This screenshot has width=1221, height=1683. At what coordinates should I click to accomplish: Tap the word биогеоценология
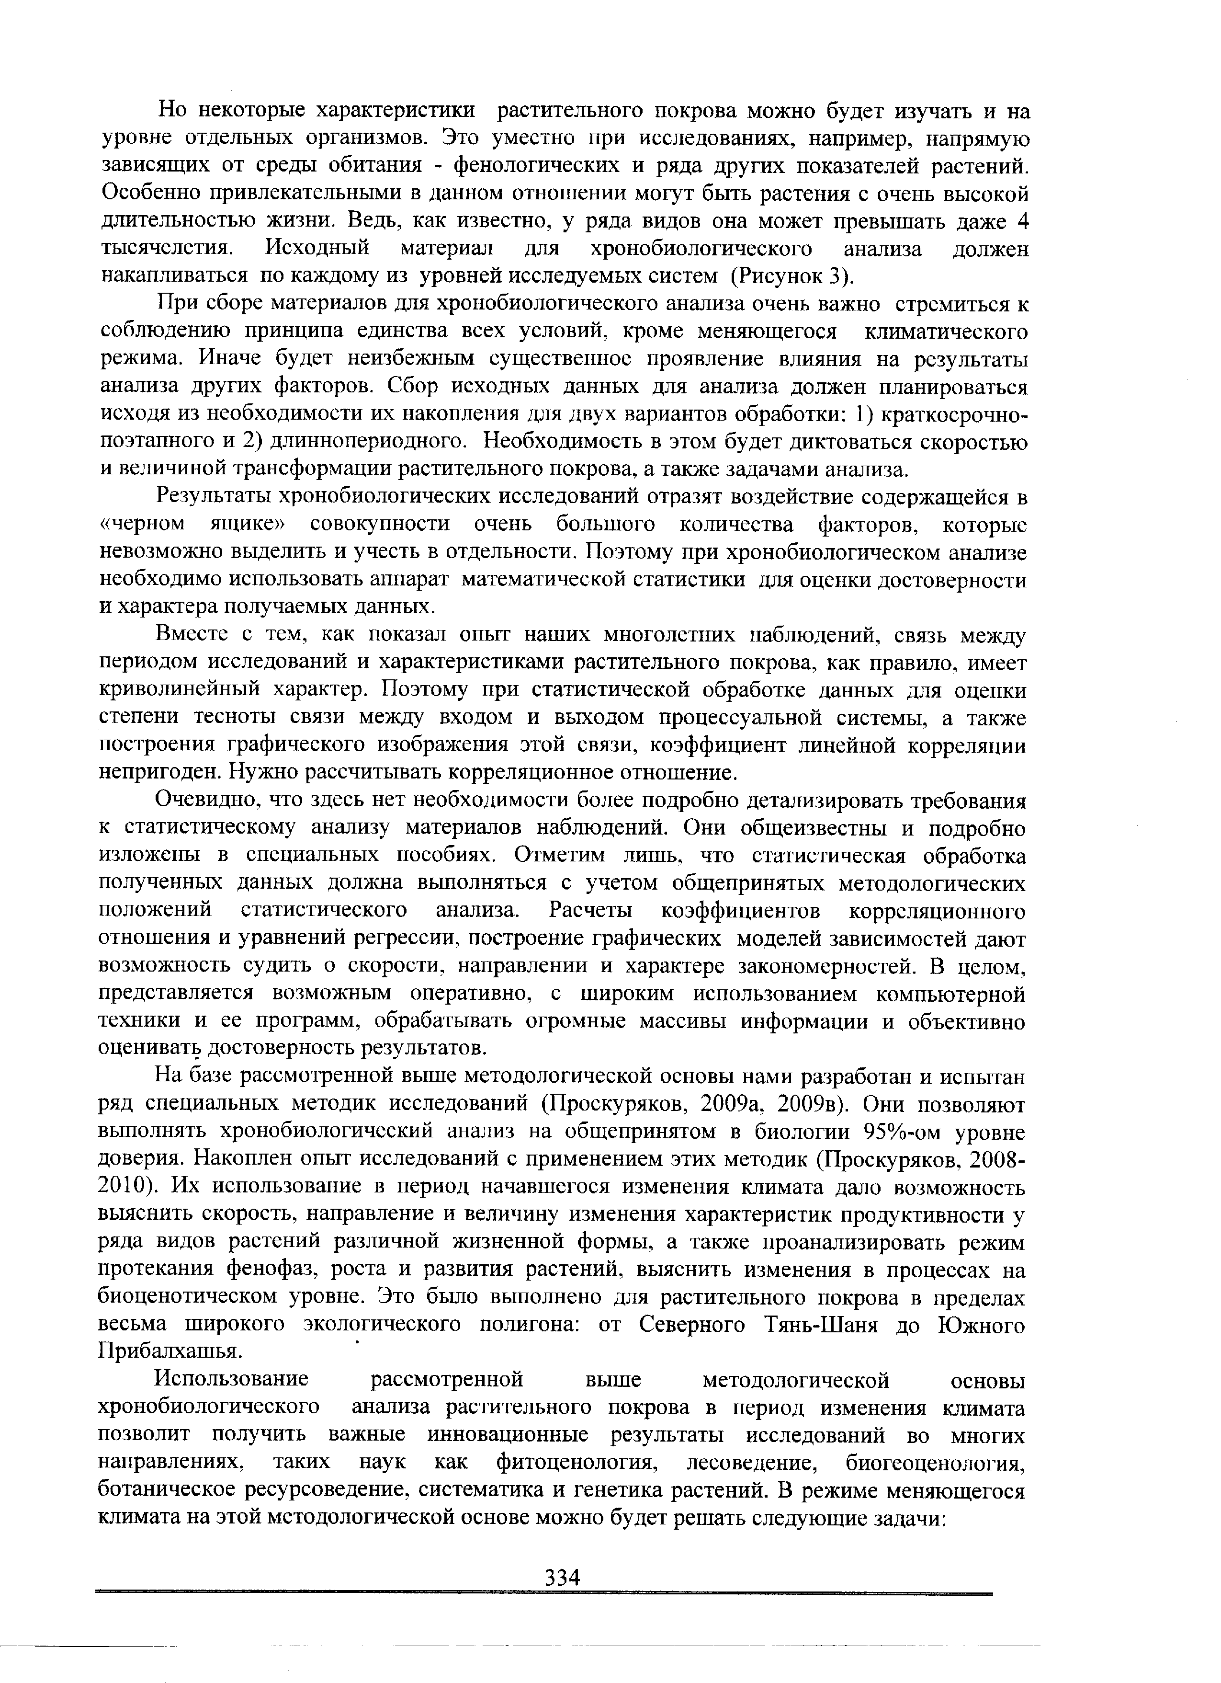click(935, 1464)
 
